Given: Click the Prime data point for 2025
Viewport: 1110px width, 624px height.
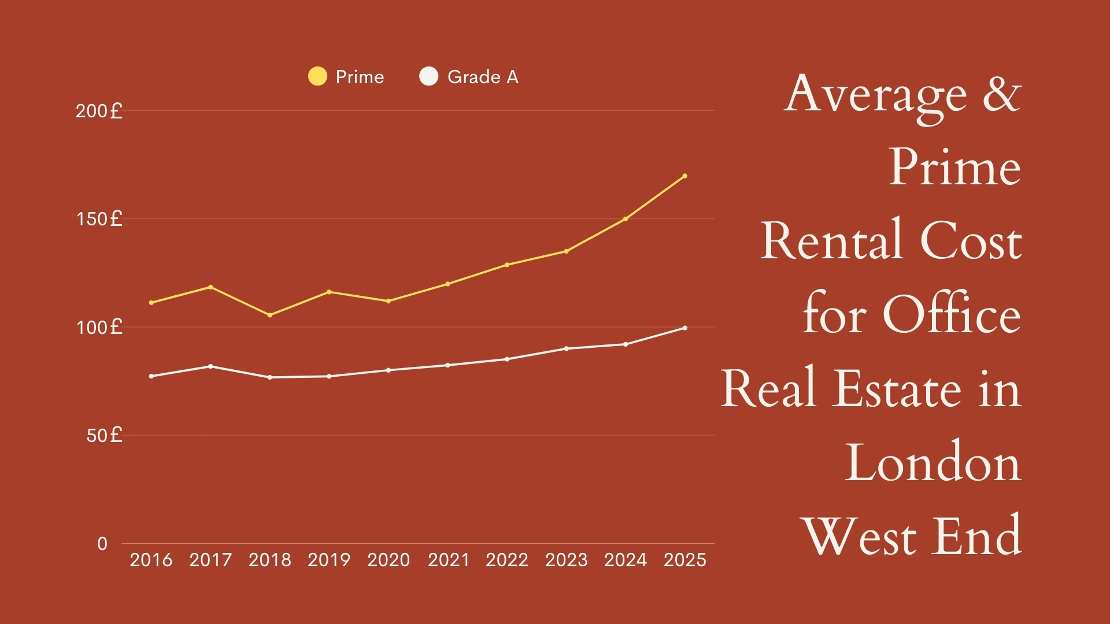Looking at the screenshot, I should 684,176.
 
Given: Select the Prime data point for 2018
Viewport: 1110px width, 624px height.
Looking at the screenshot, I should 270,315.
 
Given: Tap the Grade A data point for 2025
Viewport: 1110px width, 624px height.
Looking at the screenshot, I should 684,328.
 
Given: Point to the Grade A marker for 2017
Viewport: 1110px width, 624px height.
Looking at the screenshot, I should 210,366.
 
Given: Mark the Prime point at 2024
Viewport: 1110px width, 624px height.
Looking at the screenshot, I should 626,219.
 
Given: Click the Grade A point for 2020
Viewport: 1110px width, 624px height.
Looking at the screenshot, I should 388,370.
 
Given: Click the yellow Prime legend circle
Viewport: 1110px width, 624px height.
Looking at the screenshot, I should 317,76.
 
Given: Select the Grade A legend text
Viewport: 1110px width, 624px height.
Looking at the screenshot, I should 483,77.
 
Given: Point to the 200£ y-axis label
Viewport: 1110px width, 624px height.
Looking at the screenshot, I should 99,111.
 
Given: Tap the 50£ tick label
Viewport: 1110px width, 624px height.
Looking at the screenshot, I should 104,436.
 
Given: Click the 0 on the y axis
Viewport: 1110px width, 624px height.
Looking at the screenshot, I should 102,544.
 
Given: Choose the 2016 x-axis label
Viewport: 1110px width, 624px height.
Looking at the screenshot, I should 151,560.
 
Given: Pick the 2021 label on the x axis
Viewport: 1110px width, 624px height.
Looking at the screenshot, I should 448,560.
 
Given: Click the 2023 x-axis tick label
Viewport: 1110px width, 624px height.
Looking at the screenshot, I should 566,560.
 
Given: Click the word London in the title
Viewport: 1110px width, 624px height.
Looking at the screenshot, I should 932,462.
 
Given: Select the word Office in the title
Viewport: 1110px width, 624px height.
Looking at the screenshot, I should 952,315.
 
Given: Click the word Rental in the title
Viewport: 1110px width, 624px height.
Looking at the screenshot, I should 831,241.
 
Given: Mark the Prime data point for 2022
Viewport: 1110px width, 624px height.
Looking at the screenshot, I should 507,265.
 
